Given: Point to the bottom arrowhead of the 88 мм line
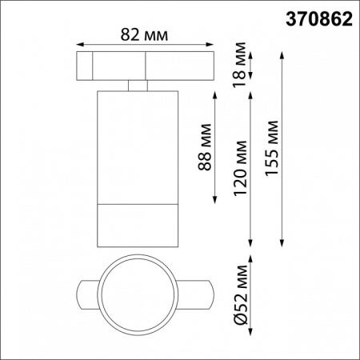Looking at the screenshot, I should (x=215, y=200).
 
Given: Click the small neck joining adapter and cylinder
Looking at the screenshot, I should (x=137, y=86).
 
